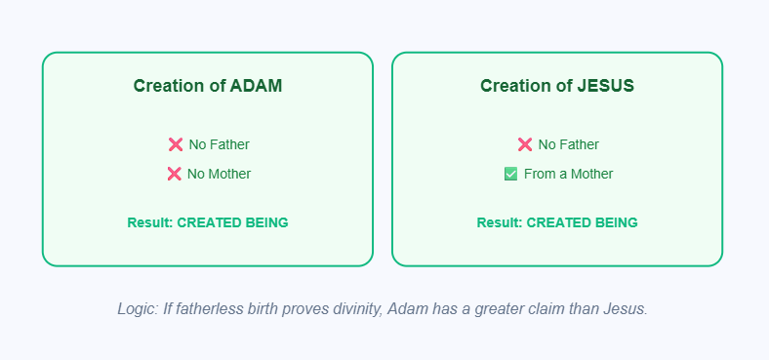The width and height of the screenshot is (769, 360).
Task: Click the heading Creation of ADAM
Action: click(x=207, y=86)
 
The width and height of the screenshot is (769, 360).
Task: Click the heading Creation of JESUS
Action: click(x=556, y=86)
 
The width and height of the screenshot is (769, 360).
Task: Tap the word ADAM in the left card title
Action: click(x=256, y=86)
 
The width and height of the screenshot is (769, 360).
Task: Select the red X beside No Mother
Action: click(x=175, y=174)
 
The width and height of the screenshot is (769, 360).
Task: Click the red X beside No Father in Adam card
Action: click(x=176, y=144)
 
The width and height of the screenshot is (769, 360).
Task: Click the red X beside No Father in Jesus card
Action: click(x=525, y=144)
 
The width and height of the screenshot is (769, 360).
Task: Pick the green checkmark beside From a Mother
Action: click(x=510, y=174)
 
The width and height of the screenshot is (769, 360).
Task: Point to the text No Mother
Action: click(x=219, y=174)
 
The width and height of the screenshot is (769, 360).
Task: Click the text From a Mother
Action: click(x=568, y=174)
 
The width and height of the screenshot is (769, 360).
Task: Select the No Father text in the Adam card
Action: click(x=219, y=144)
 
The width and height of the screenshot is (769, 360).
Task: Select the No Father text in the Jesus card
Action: click(x=568, y=144)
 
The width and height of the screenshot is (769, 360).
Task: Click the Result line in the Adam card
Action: click(x=207, y=222)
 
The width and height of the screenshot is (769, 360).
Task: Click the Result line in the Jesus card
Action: click(x=556, y=222)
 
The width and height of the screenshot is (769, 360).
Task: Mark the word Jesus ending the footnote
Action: click(x=627, y=308)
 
